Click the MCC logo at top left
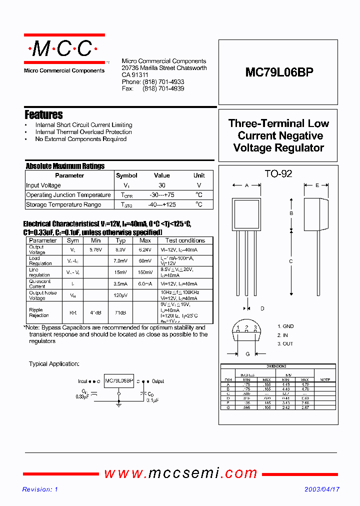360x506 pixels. [64, 48]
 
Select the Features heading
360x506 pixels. [43, 114]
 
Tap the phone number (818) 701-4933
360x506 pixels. [163, 81]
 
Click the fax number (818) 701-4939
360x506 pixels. [163, 88]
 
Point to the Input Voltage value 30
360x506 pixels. [161, 185]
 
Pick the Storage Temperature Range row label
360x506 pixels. [63, 204]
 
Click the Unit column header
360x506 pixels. [199, 175]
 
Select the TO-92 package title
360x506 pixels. [278, 174]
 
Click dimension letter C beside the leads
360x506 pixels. [291, 261]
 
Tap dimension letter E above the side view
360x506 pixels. [317, 185]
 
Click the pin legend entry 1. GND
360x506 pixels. [285, 326]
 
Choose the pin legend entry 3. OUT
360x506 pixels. [285, 344]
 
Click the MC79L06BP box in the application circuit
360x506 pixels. [118, 381]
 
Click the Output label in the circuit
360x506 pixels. [158, 381]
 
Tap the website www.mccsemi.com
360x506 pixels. [180, 473]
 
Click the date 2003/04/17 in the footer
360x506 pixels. [322, 489]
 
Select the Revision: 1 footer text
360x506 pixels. [40, 489]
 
